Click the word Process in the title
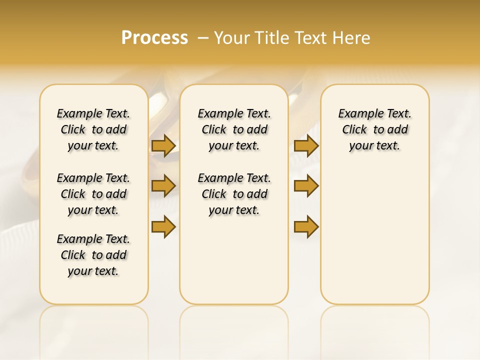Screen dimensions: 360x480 tap(154, 38)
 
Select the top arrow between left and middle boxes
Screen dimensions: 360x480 tap(163, 145)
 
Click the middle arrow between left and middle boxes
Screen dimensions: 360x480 tap(163, 186)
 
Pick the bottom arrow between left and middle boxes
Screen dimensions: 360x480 tap(163, 226)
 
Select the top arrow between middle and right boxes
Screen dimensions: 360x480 tap(306, 145)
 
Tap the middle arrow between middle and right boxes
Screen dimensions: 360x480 tap(306, 186)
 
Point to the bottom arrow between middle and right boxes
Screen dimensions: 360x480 tap(306, 226)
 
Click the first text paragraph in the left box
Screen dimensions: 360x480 tap(93, 129)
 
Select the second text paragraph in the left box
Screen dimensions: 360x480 tap(93, 194)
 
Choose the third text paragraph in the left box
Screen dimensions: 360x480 tap(93, 255)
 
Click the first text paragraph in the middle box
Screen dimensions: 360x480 tap(234, 129)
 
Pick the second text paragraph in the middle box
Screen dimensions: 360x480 tap(234, 194)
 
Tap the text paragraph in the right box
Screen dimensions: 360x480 tap(375, 129)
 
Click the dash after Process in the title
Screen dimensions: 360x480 tap(203, 38)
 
